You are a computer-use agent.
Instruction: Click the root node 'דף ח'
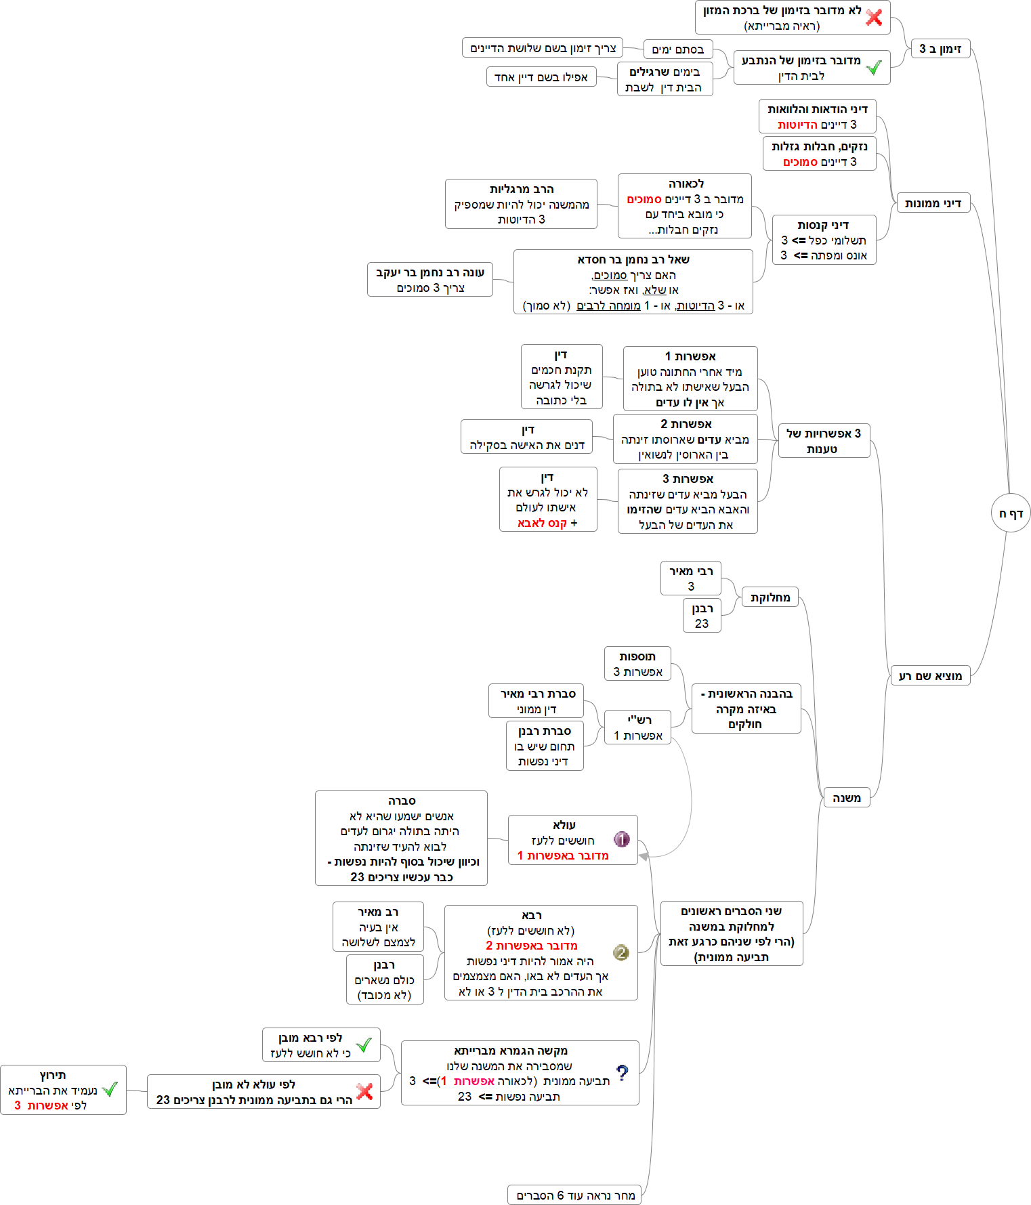tap(1010, 513)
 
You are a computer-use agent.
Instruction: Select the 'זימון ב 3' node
tap(940, 48)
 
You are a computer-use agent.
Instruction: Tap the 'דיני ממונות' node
tap(933, 203)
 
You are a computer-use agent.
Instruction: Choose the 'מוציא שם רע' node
tap(929, 675)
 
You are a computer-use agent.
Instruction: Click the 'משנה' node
tap(847, 798)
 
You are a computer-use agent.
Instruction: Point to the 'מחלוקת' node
tap(770, 597)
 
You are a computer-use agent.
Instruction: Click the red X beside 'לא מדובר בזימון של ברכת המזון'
tap(874, 18)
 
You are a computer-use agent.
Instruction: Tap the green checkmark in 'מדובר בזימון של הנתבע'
tap(874, 68)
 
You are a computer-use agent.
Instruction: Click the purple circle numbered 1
tap(621, 839)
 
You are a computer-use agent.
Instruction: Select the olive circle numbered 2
tap(621, 952)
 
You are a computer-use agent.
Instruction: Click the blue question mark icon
tap(622, 1072)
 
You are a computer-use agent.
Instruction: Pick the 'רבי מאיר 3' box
tap(690, 578)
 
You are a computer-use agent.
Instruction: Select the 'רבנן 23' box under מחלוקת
tap(702, 616)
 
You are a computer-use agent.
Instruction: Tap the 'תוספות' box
tap(637, 664)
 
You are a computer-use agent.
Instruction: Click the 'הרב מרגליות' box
tap(521, 204)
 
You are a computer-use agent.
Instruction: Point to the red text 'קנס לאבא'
tap(542, 523)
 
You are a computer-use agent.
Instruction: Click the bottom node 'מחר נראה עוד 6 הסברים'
tap(574, 1195)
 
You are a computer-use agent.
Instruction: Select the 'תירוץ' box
tap(63, 1090)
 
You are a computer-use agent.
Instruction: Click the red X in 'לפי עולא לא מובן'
tap(364, 1091)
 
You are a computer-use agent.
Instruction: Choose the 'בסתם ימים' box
tap(677, 49)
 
